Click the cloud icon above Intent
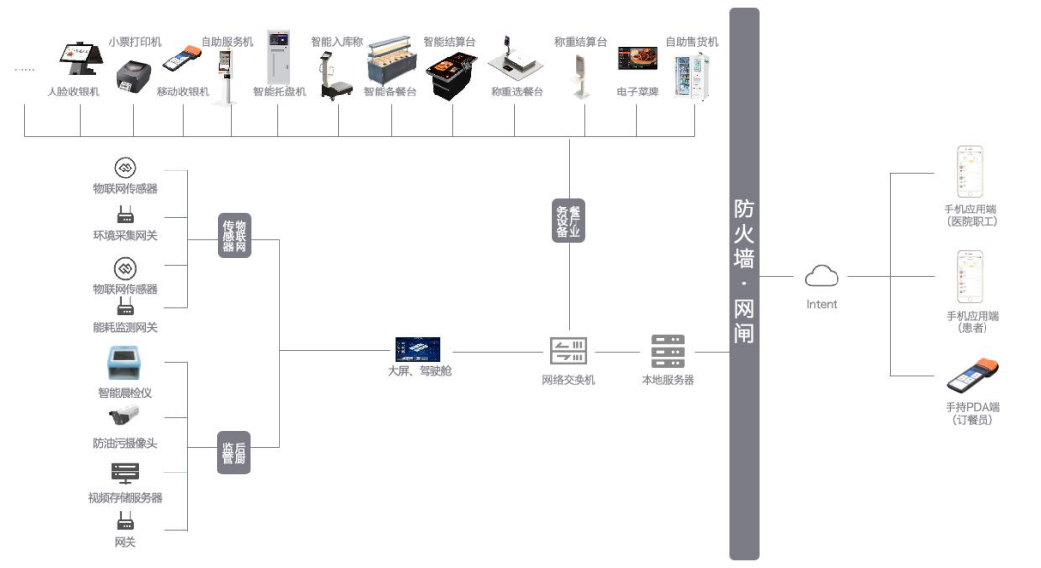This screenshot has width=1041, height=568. [822, 277]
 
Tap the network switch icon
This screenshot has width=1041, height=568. [568, 351]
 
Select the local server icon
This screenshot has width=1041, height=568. [668, 351]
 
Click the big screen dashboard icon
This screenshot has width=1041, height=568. [418, 349]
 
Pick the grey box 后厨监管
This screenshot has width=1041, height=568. [235, 452]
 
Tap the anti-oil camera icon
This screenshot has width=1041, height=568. [125, 417]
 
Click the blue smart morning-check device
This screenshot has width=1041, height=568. [126, 363]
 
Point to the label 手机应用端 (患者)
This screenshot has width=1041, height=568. [973, 322]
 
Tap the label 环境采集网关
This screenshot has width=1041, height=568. [125, 235]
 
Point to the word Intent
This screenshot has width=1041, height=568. [822, 304]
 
